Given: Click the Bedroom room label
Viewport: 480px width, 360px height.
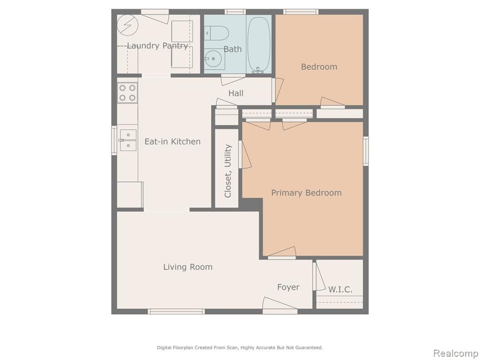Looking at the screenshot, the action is pos(319,67).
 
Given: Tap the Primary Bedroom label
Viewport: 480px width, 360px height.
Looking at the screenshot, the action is pos(307,193).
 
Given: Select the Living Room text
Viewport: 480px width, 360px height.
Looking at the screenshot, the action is pos(187,267).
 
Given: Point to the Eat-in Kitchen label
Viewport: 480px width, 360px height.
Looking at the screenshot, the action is pos(172,142).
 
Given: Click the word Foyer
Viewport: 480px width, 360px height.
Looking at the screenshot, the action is pos(288,287).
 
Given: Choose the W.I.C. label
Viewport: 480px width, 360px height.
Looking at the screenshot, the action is pos(340,289).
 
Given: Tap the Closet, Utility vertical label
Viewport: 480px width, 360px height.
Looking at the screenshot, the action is pos(228,171).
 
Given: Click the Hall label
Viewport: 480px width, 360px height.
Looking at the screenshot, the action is pos(236,93).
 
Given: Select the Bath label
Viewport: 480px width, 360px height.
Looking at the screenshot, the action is pos(232,49).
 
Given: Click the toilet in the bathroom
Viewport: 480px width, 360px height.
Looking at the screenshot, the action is pos(217,33).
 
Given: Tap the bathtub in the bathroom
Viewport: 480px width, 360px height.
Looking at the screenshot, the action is pos(259,44).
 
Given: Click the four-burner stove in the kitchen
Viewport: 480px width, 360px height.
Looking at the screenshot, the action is pos(127,93).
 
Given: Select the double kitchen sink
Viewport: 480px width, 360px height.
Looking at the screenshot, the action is pos(127,140).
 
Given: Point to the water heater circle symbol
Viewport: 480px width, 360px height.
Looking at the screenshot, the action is pos(128,25).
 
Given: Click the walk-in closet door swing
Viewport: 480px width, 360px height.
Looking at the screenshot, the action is pos(319,277).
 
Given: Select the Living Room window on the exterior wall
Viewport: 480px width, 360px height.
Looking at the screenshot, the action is pos(176,312).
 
